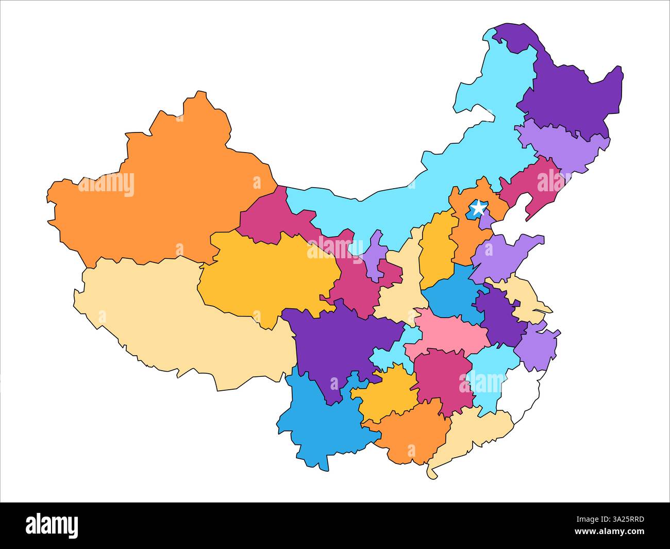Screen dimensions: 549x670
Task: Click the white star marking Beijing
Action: click(478, 208)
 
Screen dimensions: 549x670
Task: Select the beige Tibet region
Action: click(170, 320)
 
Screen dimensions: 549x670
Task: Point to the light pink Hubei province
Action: click(448, 335)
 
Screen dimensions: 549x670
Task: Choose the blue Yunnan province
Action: click(320, 423)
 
